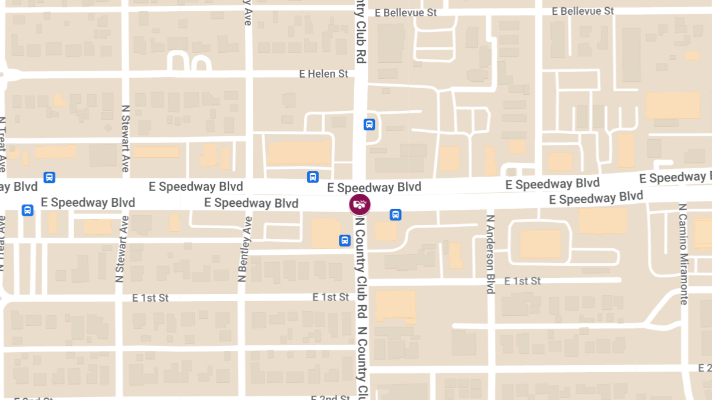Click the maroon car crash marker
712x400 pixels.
click(360, 205)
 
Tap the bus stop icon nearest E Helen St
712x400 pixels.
click(369, 124)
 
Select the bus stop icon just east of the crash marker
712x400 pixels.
click(395, 215)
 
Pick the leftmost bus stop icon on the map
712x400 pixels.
click(27, 210)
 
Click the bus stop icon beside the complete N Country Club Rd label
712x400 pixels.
click(345, 240)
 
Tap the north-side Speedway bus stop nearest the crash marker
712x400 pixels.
click(313, 177)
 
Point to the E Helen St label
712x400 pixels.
click(323, 74)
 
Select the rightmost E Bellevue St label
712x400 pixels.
click(583, 11)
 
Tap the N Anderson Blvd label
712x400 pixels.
click(491, 254)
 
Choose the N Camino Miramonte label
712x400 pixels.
click(683, 254)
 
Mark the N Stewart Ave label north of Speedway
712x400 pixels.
click(125, 139)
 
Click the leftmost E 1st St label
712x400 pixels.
click(150, 297)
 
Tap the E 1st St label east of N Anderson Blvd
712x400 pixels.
click(523, 281)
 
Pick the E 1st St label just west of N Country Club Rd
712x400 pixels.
click(330, 297)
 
